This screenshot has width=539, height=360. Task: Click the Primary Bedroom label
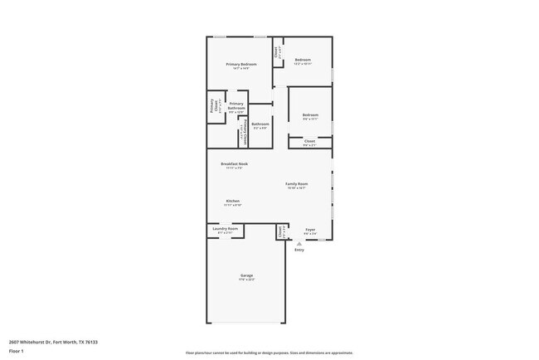click(241, 66)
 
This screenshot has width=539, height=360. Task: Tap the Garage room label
click(247, 277)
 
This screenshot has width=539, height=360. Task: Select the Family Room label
click(297, 185)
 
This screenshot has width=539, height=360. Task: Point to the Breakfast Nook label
click(234, 165)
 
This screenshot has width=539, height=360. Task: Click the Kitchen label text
click(233, 202)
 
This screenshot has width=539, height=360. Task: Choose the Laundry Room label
click(226, 230)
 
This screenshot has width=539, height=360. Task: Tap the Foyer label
click(309, 231)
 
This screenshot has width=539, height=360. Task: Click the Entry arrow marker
click(299, 244)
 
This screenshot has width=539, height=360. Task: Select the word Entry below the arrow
click(299, 250)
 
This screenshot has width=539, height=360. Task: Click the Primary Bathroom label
click(236, 107)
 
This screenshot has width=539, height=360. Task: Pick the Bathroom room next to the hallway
click(260, 125)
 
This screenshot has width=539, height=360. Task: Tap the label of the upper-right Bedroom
click(303, 61)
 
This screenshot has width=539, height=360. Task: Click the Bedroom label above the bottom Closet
click(310, 116)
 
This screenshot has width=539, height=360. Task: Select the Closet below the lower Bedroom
click(309, 143)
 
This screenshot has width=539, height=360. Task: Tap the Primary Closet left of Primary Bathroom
click(214, 106)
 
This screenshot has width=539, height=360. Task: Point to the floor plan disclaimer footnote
click(269, 353)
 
